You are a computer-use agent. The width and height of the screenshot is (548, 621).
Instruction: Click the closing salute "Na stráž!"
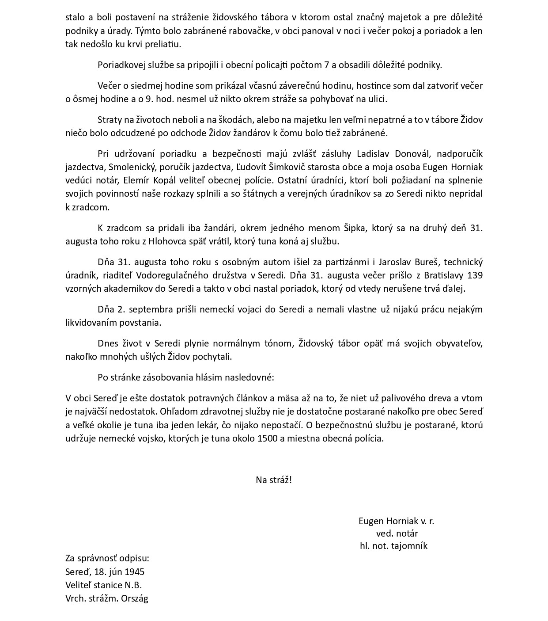coord(274,480)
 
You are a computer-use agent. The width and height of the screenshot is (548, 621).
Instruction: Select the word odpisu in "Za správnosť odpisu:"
coord(135,558)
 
